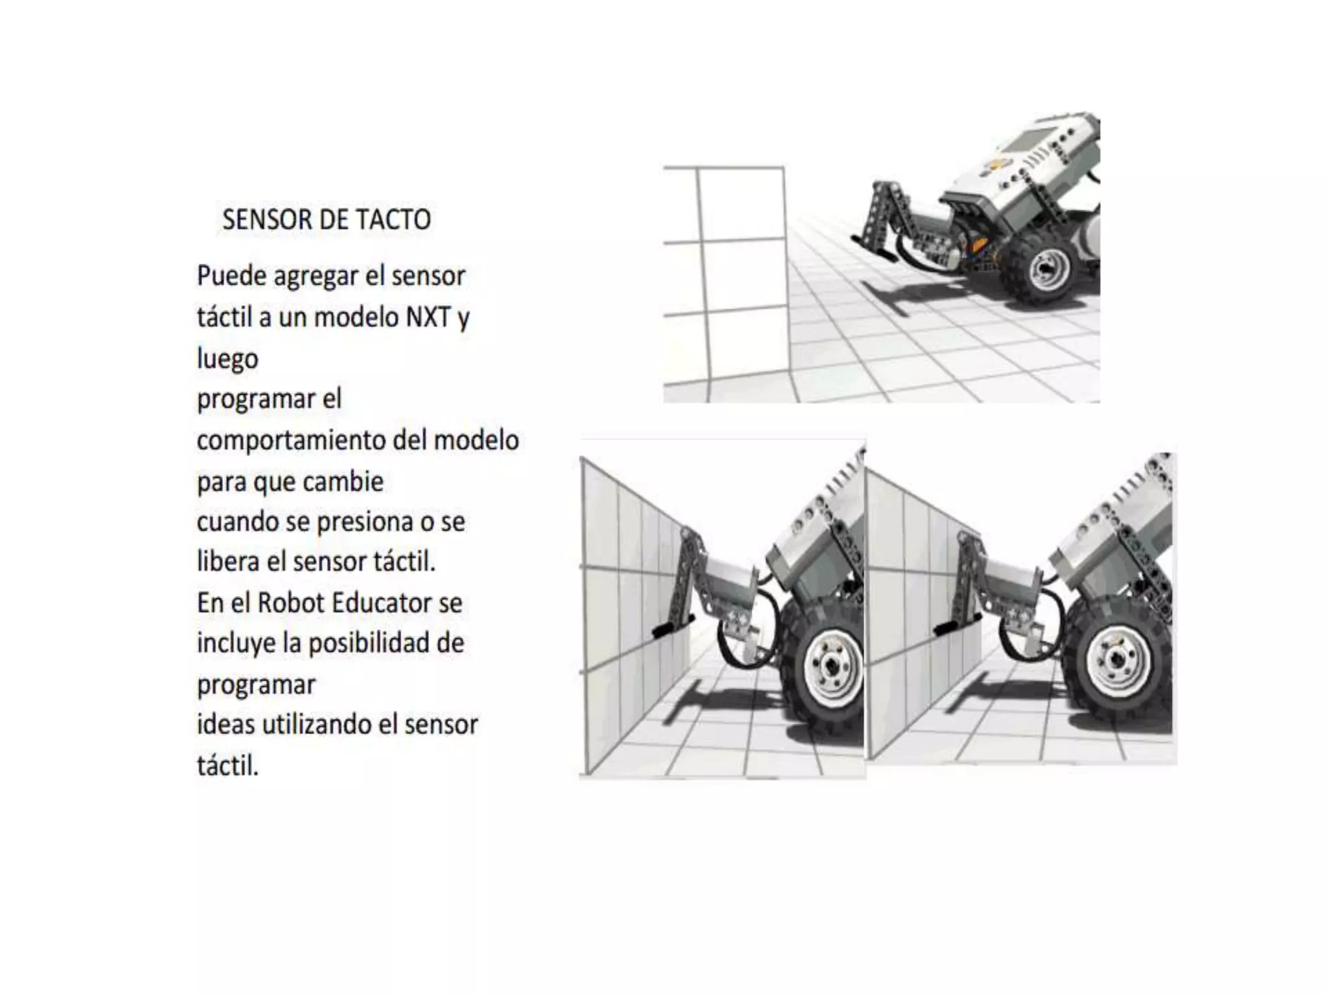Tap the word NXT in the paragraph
(x=428, y=317)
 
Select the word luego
(x=227, y=358)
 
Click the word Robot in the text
(x=290, y=602)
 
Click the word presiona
(x=365, y=521)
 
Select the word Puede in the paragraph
(x=231, y=277)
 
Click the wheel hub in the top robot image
(x=1044, y=268)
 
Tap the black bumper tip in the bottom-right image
(x=948, y=627)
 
